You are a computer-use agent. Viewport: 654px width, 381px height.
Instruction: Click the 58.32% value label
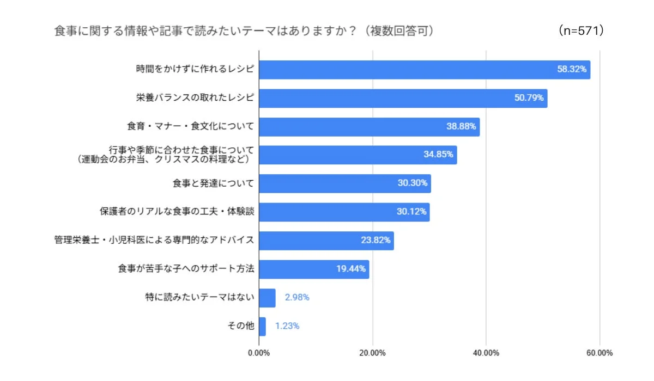[x=571, y=70]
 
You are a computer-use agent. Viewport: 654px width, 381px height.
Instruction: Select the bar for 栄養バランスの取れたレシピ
[x=403, y=99]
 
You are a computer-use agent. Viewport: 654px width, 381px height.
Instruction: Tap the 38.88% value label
[x=461, y=127]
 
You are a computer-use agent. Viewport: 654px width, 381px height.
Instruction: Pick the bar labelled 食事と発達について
[x=344, y=183]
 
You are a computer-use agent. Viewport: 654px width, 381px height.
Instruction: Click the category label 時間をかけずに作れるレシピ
[x=195, y=70]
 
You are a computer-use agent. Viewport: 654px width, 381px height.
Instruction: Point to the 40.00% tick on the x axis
[x=486, y=353]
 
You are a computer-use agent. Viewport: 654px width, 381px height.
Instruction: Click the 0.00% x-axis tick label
[x=259, y=353]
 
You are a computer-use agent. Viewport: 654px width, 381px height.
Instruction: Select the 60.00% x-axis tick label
[x=599, y=353]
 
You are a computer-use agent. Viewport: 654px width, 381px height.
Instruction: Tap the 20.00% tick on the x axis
[x=373, y=353]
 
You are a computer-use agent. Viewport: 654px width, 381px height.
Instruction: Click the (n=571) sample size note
[x=582, y=31]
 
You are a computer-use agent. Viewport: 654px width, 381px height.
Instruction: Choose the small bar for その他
[x=262, y=327]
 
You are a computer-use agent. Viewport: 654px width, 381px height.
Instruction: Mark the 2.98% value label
[x=297, y=298]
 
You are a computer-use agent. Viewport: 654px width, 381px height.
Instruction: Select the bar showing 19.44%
[x=314, y=269]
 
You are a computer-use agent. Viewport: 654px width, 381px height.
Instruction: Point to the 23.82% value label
[x=376, y=241]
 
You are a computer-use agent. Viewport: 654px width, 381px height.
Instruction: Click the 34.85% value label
[x=438, y=155]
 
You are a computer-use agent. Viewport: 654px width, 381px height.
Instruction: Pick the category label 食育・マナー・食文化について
[x=190, y=127]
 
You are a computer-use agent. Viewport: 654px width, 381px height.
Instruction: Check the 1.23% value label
[x=287, y=327]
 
